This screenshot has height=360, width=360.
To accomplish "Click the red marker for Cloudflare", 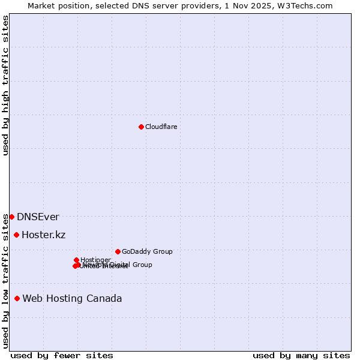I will click(x=141, y=127).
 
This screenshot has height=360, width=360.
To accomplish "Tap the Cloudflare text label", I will click(x=161, y=127).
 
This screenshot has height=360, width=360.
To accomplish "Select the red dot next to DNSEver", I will click(x=11, y=217).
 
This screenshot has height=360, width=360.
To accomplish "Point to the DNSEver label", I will click(x=38, y=217).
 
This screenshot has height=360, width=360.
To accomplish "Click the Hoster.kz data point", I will click(x=16, y=235).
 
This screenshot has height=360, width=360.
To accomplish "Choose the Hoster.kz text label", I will click(x=43, y=235).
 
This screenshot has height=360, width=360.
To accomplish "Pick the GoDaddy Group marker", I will click(x=118, y=251).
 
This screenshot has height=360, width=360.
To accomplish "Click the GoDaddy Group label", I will click(x=147, y=252).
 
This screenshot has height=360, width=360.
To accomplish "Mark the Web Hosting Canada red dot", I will click(x=17, y=298).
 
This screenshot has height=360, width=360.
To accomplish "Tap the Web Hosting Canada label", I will click(x=72, y=299).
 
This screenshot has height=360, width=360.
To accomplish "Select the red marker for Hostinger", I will click(x=76, y=260).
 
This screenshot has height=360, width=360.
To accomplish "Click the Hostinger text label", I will click(x=95, y=260).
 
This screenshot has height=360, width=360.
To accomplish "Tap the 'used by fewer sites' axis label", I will click(x=62, y=355).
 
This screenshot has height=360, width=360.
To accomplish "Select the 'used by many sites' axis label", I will click(x=301, y=355).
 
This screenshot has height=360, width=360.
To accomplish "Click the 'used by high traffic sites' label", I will click(x=5, y=85).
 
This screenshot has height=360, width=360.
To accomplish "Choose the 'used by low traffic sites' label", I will click(x=5, y=280).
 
